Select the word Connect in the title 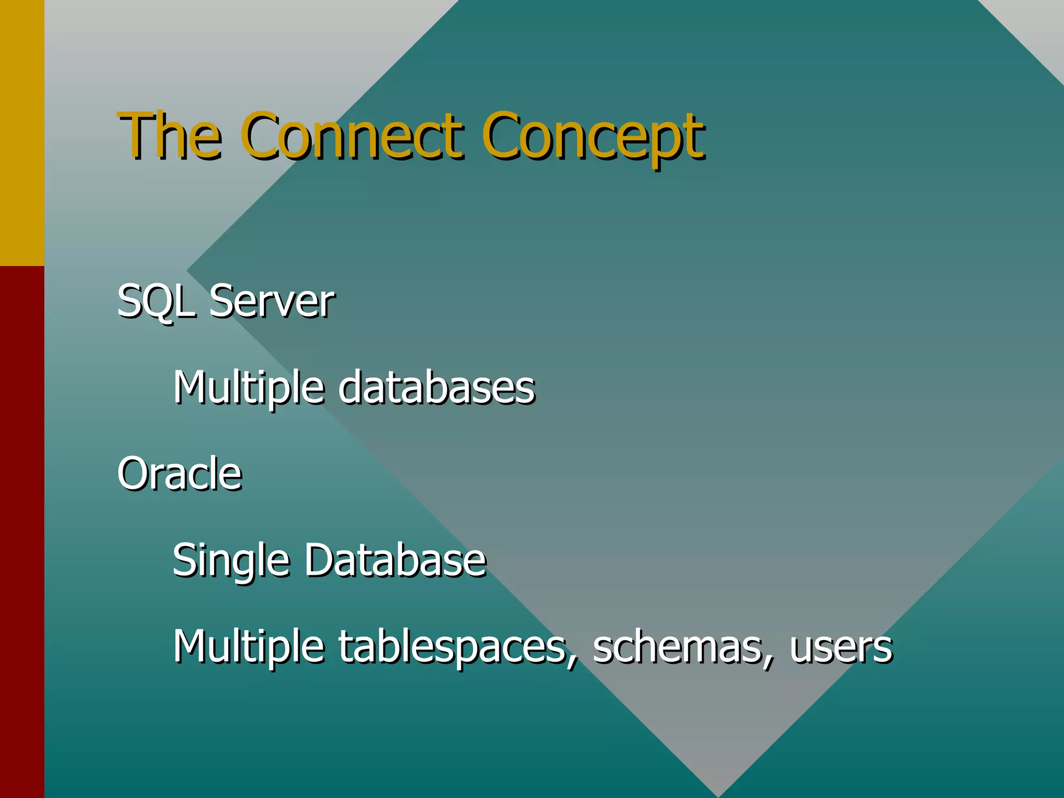click(352, 136)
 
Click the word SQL click(156, 301)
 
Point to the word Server click(271, 301)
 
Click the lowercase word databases click(436, 388)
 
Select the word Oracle click(180, 474)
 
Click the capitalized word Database click(395, 560)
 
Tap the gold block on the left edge click(22, 132)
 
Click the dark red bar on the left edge click(22, 530)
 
